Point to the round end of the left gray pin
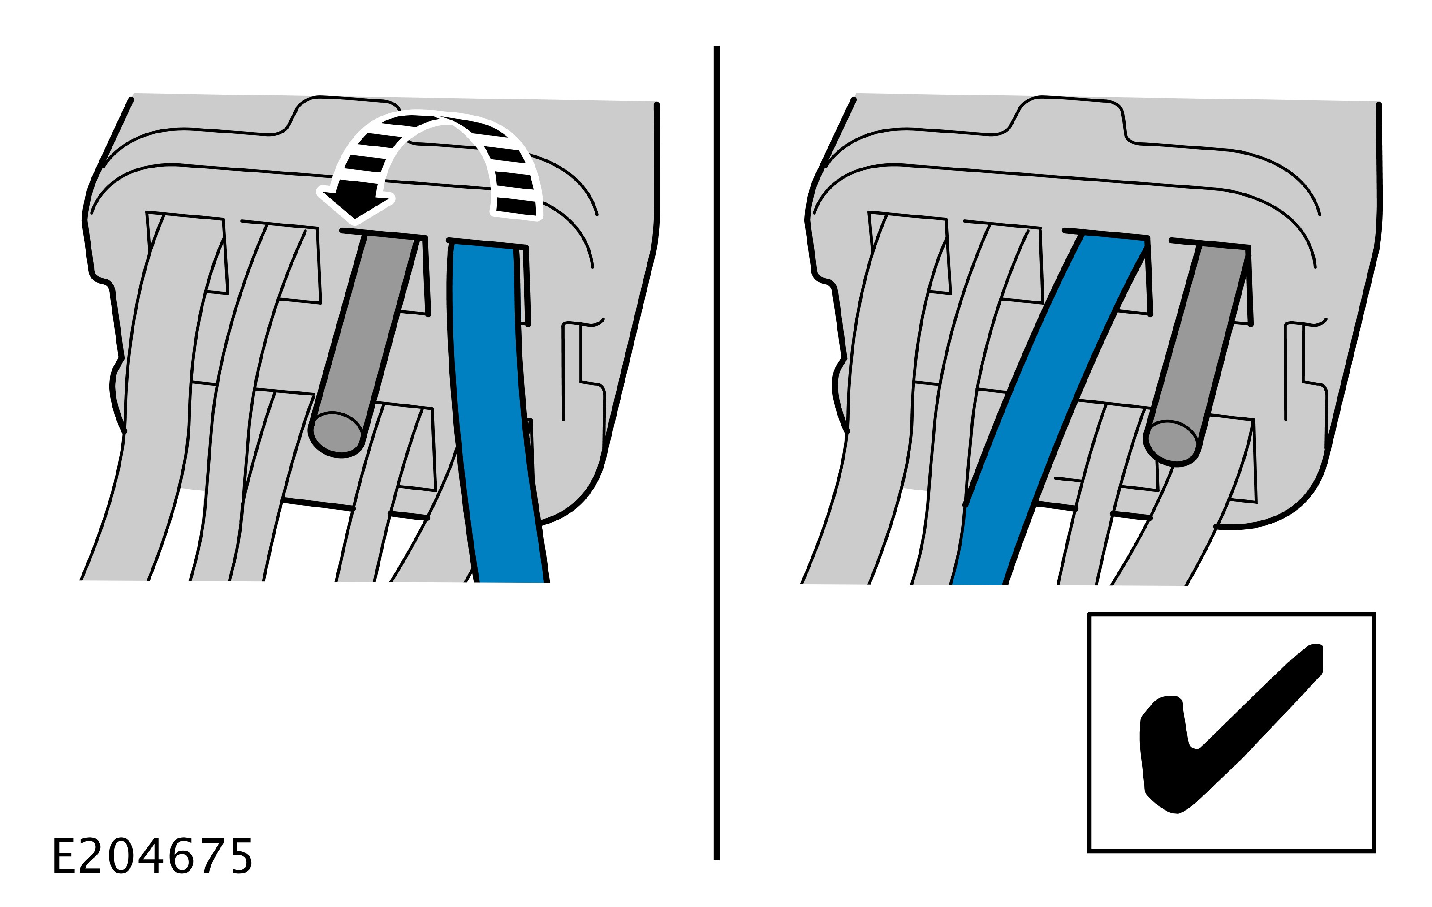pos(337,434)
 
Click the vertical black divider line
pos(716,452)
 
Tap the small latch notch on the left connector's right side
pos(583,369)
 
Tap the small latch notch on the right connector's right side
pos(1305,369)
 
